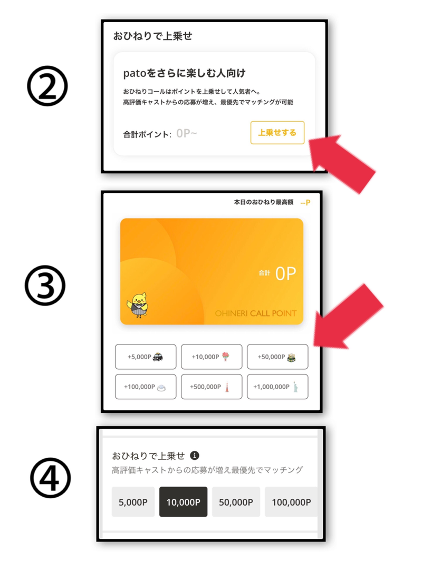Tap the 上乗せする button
coord(277,133)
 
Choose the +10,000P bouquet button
coord(212,357)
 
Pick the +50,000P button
coord(277,357)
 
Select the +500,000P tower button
coord(212,387)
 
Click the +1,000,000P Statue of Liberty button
coord(277,387)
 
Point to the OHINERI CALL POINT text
coord(255,313)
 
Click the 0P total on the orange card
coord(285,274)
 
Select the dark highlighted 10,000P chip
coord(183,502)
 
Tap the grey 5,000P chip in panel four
coord(133,502)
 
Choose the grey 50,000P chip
coord(236,502)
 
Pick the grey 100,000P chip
coord(291,502)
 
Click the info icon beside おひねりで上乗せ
coord(195,455)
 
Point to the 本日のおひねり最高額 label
coord(264,202)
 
